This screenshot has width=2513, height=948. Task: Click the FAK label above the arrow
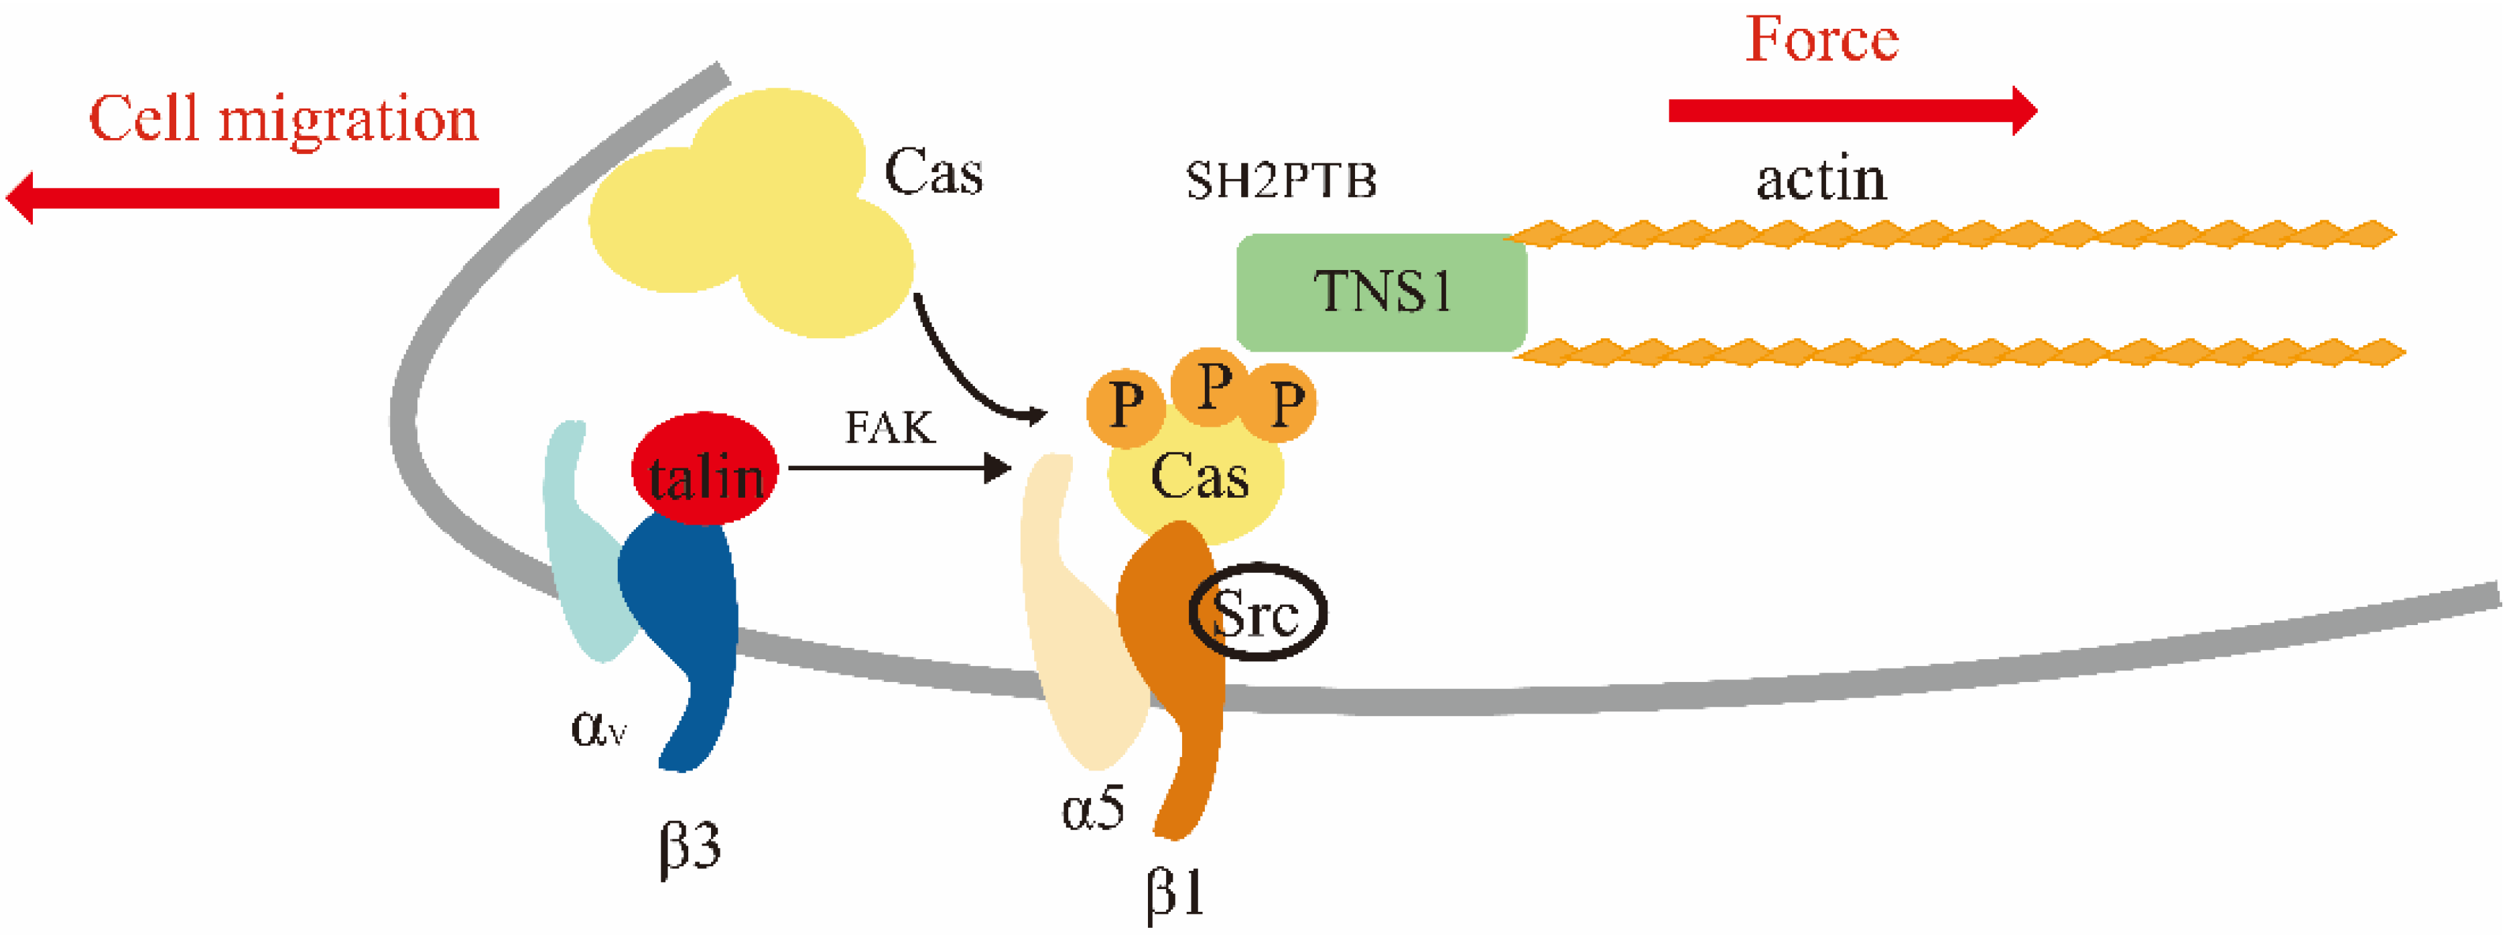tap(889, 427)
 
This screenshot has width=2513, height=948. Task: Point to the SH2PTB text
tap(1281, 180)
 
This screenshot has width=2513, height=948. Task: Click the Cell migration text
tap(283, 119)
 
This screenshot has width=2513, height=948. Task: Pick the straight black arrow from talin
tap(897, 468)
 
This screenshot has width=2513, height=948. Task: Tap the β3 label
tap(690, 847)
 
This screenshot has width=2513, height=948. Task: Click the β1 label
tap(1175, 892)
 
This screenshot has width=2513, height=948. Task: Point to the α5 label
tap(1092, 807)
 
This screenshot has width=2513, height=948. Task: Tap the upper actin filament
tap(1951, 234)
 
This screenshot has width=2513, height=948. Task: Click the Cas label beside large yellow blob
tap(933, 173)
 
